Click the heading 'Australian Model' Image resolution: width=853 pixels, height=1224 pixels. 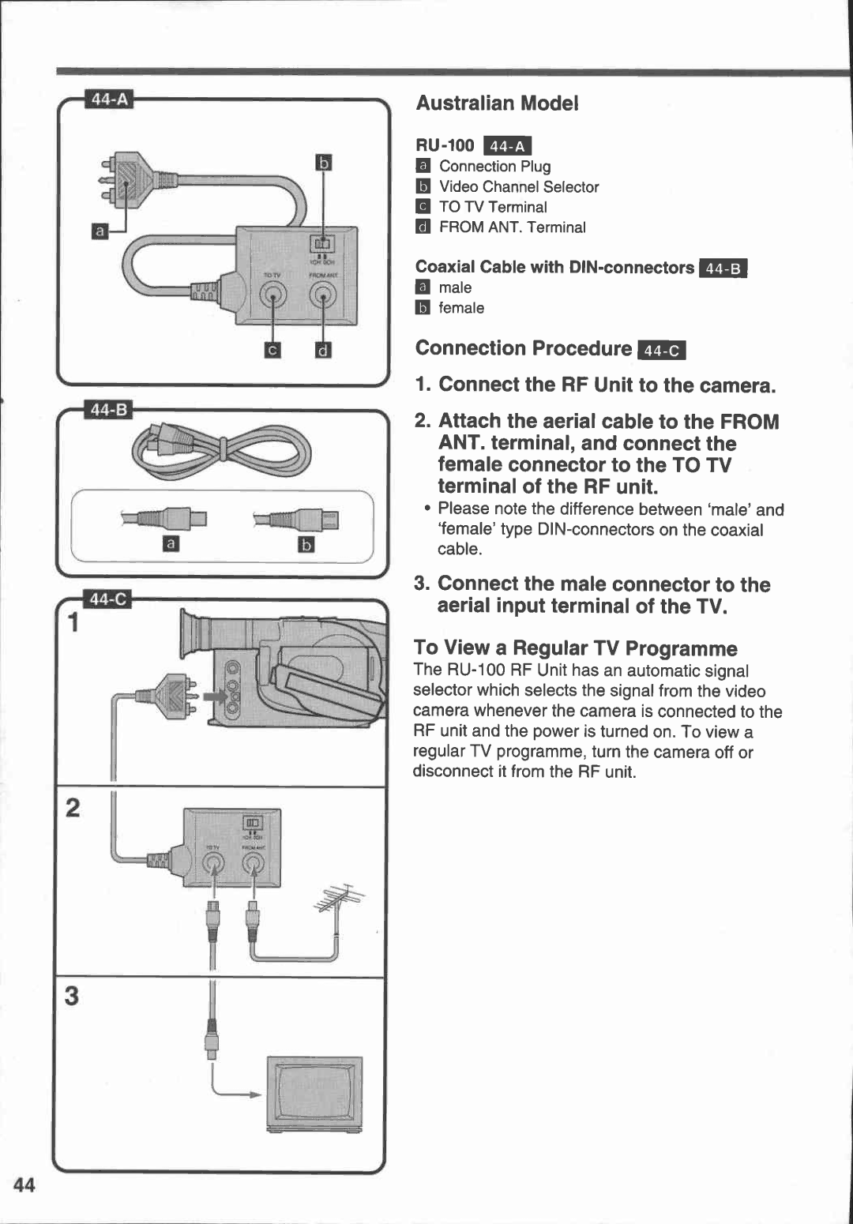click(x=497, y=103)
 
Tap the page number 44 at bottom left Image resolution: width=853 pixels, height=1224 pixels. click(x=24, y=1185)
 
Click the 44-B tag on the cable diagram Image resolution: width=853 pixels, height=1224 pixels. click(x=110, y=410)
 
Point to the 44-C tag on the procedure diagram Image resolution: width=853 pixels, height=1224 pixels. click(x=109, y=599)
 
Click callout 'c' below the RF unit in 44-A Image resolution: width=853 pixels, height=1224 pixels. click(x=272, y=350)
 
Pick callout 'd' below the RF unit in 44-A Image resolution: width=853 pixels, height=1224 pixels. click(x=323, y=350)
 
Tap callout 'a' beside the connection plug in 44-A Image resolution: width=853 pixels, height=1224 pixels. click(x=100, y=231)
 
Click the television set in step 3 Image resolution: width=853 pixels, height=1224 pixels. click(x=314, y=1094)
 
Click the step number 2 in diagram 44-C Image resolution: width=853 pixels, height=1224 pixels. click(x=73, y=808)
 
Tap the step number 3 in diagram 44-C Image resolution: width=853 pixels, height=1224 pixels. click(x=72, y=996)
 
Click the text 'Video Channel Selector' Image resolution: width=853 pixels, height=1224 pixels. click(x=519, y=187)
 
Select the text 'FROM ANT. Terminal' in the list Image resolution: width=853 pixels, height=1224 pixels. click(x=512, y=227)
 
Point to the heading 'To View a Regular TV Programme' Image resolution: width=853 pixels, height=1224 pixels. click(x=575, y=648)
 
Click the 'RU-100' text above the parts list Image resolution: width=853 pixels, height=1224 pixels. click(x=445, y=145)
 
